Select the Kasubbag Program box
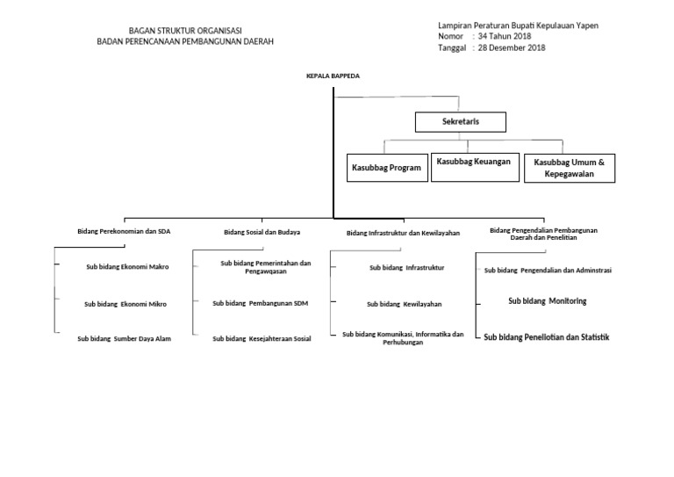(386, 167)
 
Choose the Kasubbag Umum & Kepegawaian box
(570, 168)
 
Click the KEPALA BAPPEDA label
(333, 76)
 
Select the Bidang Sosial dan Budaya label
(262, 232)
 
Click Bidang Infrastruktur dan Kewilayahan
(404, 233)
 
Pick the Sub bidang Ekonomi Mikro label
(125, 304)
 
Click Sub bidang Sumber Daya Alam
(124, 338)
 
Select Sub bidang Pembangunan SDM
(261, 303)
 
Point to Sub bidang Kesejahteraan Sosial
(262, 338)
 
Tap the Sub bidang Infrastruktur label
(407, 267)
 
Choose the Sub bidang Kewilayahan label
(404, 304)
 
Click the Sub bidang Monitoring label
(548, 301)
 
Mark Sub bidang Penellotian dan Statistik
(548, 337)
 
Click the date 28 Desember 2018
(512, 48)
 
